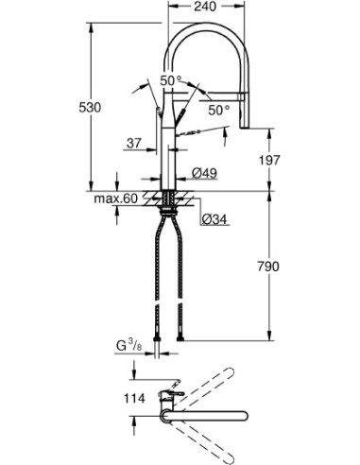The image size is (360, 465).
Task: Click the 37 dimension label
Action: [x=133, y=145]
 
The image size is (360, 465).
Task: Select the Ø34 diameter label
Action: [x=213, y=220]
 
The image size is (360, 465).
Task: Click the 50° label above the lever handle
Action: [x=171, y=81]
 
